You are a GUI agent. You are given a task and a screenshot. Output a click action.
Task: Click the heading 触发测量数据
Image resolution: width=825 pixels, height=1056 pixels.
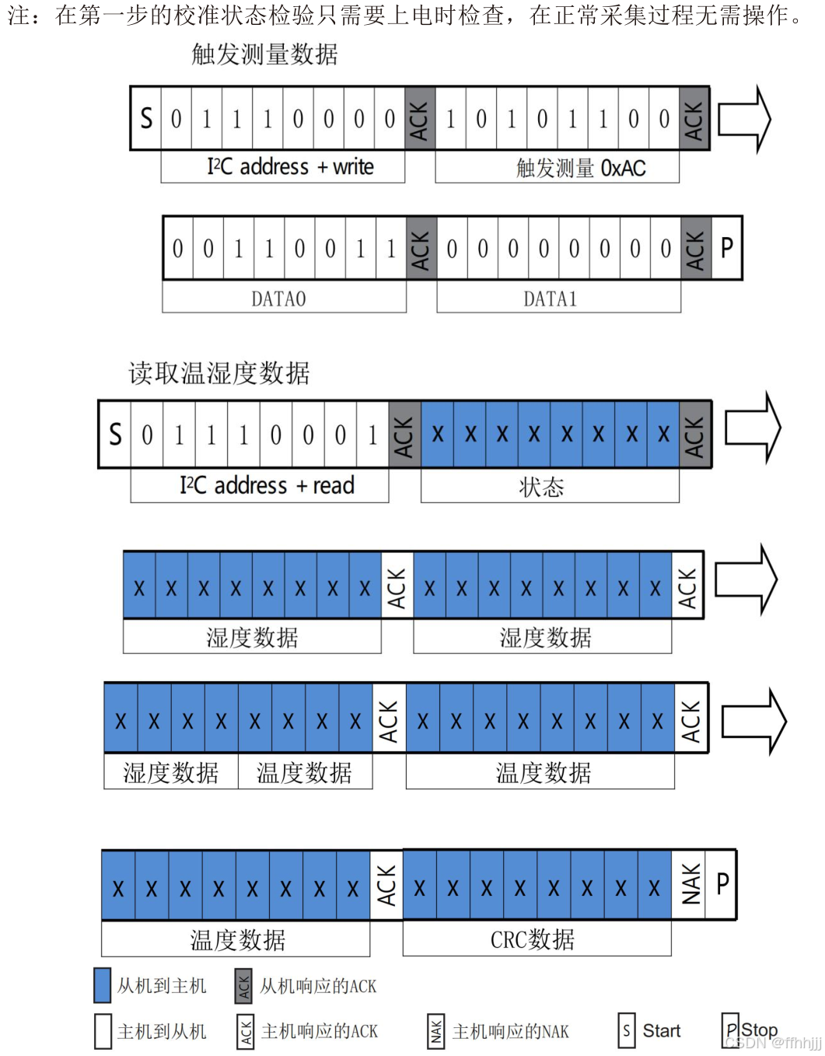pos(264,54)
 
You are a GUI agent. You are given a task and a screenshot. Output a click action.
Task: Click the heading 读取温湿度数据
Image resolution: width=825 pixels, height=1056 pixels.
pos(219,374)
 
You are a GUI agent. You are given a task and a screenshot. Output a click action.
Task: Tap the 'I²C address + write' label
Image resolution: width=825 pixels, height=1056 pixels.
pos(290,167)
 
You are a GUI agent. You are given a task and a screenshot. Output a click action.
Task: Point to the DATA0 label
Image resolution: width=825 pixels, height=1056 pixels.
pos(278,299)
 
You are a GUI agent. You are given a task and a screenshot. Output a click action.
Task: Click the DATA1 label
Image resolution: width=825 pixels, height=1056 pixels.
pos(551,299)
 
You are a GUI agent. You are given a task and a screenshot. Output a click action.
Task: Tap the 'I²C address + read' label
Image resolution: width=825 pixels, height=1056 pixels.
pos(267,486)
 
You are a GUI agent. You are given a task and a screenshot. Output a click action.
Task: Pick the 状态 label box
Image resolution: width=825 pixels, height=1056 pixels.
pos(541,488)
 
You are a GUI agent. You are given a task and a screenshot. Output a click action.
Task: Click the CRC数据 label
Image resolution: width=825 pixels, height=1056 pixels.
pos(533,940)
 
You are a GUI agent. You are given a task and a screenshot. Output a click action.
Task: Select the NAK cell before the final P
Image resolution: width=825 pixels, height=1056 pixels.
pos(690,885)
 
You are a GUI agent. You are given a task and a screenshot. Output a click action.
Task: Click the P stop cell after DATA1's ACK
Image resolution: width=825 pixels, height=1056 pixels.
pos(727,248)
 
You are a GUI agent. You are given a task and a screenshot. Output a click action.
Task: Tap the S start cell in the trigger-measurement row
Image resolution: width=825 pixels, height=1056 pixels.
pos(146,118)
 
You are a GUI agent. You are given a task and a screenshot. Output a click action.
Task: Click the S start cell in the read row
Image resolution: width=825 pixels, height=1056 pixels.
pos(115,434)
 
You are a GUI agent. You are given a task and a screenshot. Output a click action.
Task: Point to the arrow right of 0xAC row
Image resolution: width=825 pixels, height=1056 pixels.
pos(743,119)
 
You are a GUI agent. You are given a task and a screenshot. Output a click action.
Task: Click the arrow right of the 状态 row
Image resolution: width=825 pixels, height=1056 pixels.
pos(752,428)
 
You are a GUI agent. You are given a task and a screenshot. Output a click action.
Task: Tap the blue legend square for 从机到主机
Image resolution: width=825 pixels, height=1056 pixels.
pos(102,986)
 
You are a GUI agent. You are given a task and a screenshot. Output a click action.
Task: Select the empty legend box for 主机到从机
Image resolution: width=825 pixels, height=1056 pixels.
pos(102,1032)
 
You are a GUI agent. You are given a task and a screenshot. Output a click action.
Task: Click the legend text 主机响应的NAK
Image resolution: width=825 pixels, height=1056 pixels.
pos(511,1032)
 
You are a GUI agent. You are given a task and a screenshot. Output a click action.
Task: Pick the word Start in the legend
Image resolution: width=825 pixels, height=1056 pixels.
pos(661,1031)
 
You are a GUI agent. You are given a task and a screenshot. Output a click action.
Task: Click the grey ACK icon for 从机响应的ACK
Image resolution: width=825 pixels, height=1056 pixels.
pos(243,986)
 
